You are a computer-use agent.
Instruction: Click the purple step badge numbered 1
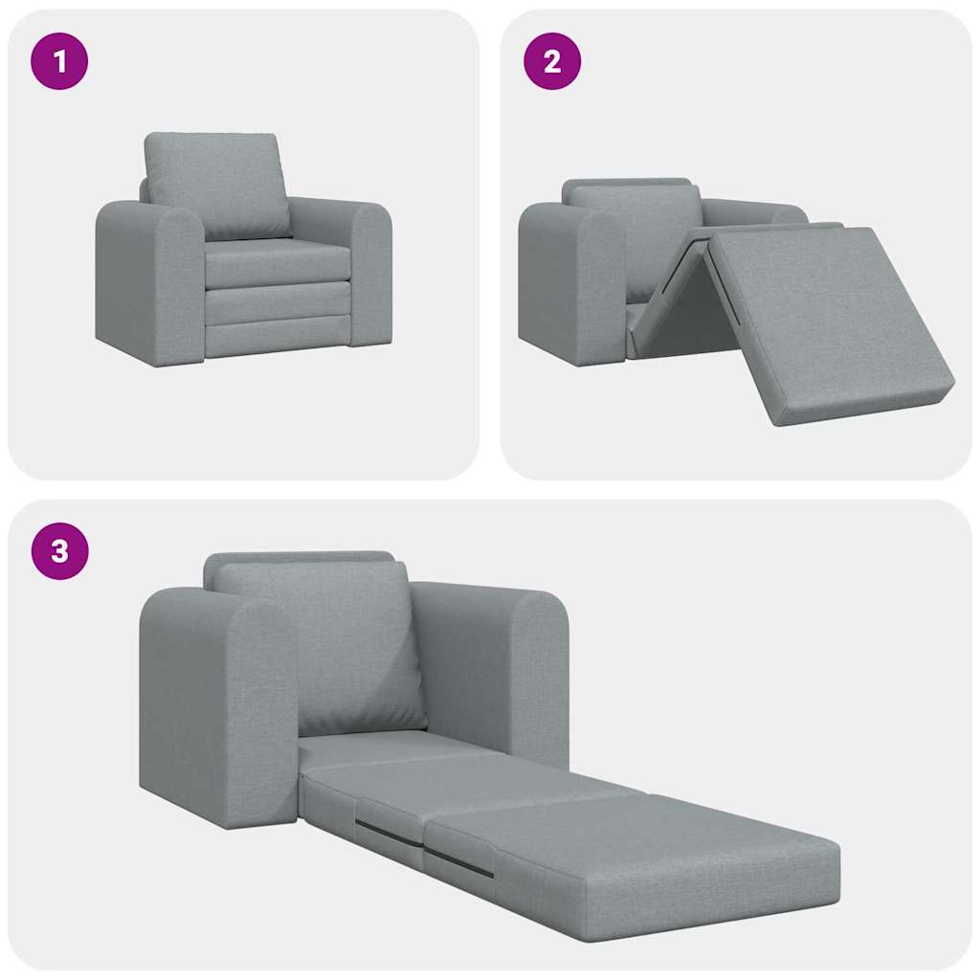(60, 61)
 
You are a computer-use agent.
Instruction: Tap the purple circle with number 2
(552, 61)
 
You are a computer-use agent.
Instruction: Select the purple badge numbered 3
(60, 551)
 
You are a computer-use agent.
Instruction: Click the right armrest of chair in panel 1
(370, 273)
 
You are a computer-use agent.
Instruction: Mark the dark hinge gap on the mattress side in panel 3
(459, 861)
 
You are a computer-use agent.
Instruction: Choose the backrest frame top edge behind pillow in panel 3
(297, 557)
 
